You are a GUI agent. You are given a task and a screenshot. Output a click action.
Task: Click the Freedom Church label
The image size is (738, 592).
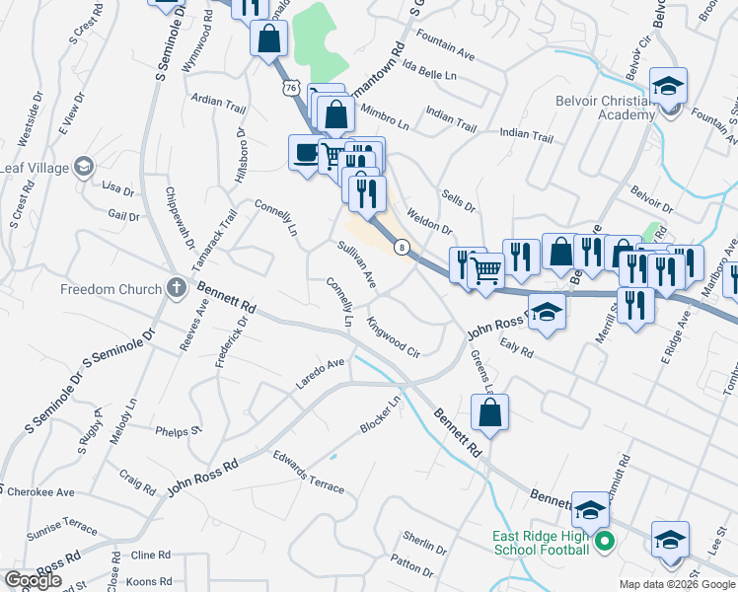(111, 289)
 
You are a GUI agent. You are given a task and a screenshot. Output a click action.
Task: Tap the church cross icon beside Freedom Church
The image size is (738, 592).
(177, 288)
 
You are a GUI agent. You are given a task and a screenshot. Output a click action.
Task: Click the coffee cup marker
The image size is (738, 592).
(305, 153)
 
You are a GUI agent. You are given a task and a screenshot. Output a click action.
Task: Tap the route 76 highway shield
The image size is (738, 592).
(290, 89)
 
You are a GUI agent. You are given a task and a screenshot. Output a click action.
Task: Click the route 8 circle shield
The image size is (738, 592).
(402, 247)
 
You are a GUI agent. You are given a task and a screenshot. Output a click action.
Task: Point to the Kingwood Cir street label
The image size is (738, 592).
(393, 336)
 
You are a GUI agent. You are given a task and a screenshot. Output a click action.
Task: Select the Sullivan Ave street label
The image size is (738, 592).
(356, 264)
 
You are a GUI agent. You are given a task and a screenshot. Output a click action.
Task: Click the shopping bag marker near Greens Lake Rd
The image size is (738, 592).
(490, 413)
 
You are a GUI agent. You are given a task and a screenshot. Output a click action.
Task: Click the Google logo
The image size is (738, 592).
(33, 580)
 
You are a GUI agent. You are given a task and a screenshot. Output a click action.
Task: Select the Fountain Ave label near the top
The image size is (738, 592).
(450, 39)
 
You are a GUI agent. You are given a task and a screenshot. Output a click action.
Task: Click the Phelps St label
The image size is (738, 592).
(179, 430)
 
